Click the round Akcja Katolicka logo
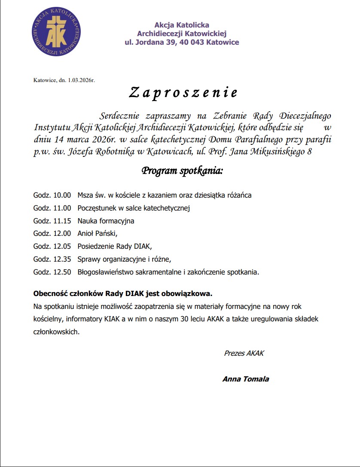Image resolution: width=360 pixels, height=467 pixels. point(56,32)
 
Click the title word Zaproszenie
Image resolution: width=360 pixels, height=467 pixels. point(183,92)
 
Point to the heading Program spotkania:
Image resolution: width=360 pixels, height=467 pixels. point(182,171)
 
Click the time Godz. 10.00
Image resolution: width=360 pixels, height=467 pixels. point(52,195)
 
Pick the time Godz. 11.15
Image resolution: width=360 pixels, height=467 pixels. point(52,221)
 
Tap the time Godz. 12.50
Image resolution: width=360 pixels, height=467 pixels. point(52,272)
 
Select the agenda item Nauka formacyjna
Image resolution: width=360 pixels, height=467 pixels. point(106,221)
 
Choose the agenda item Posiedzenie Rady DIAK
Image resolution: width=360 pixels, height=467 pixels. point(115,247)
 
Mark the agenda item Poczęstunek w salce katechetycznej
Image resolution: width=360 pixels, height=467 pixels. point(134,208)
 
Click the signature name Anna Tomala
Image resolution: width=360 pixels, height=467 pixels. point(245,379)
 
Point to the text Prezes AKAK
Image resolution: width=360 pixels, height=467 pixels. point(244,354)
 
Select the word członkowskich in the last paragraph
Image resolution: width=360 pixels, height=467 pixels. point(56,332)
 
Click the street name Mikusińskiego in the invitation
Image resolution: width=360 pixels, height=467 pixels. point(272,152)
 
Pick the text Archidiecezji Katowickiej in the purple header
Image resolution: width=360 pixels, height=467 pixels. point(181,34)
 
